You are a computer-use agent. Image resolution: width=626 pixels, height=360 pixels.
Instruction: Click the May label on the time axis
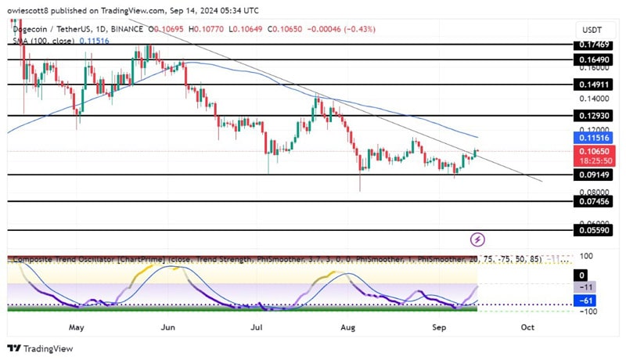click(76, 327)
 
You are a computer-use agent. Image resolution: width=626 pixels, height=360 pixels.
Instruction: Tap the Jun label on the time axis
click(167, 327)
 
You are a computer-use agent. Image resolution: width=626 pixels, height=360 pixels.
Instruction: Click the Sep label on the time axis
click(437, 327)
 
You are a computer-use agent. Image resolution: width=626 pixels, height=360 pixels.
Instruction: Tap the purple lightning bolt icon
click(477, 239)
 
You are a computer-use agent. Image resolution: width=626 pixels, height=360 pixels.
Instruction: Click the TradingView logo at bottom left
click(39, 349)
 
